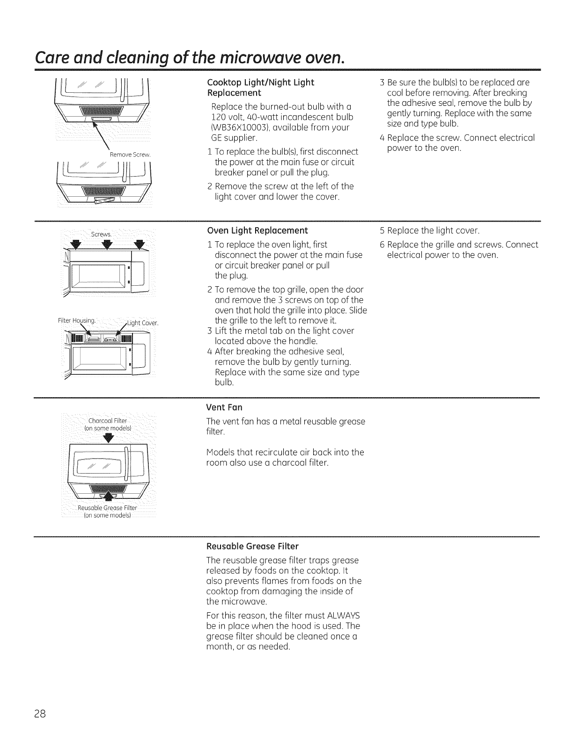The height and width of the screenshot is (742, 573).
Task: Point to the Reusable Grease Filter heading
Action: [252, 546]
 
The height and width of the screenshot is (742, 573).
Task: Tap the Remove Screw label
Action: [128, 154]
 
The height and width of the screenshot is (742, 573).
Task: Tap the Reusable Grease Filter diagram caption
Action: [108, 508]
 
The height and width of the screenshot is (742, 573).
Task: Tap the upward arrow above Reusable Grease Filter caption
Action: [109, 497]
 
